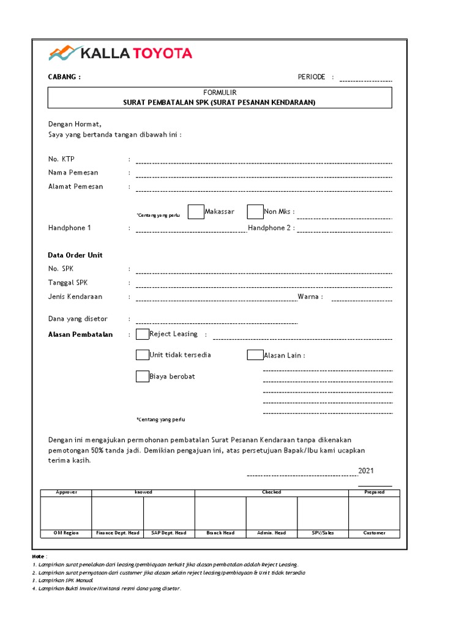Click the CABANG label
64,77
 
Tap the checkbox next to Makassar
196,212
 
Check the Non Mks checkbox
255,212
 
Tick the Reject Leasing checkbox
143,334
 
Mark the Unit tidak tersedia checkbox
143,355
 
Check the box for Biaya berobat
143,377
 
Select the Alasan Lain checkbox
255,355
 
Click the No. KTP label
61,159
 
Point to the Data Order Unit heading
75,255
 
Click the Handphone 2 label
270,228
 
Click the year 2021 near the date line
365,471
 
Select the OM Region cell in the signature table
66,533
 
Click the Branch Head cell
220,533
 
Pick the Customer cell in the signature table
374,533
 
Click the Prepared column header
374,492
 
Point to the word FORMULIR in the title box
220,92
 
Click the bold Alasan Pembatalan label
80,335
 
